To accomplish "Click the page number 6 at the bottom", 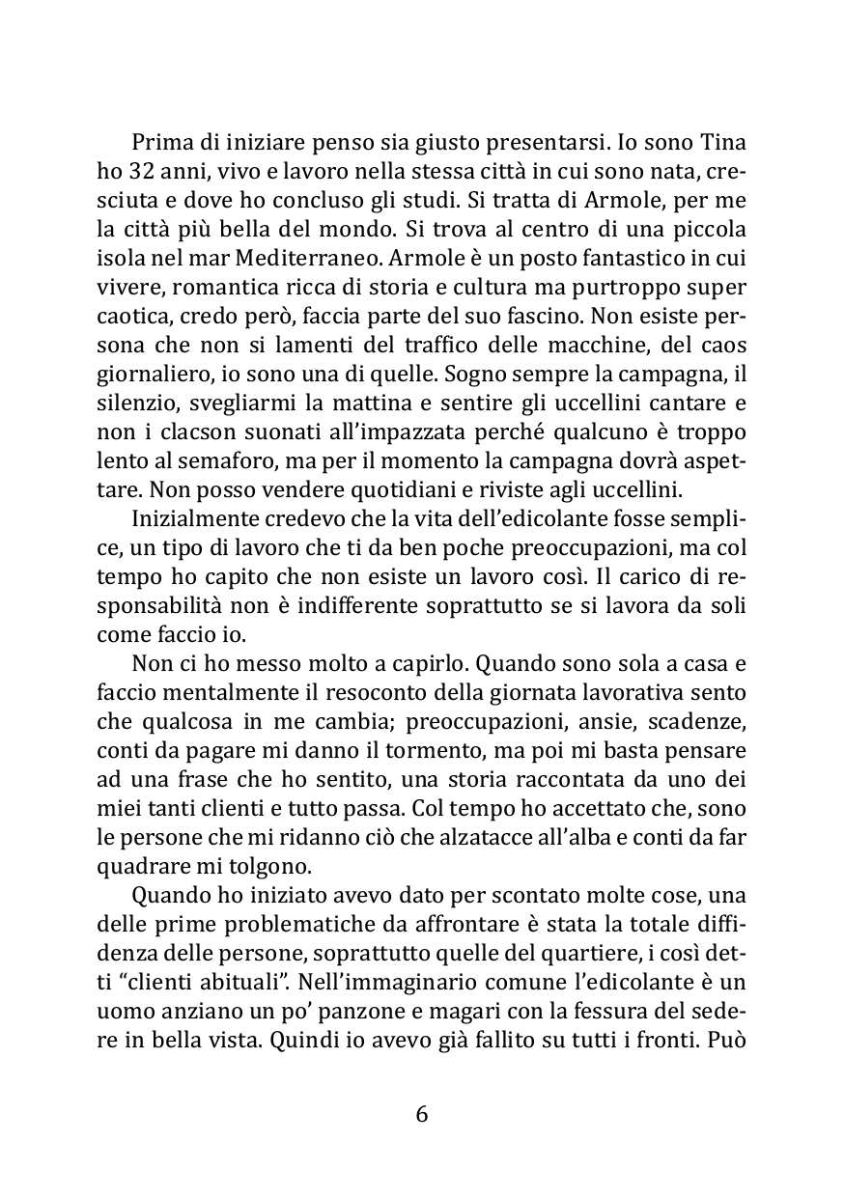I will coord(421,1114).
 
